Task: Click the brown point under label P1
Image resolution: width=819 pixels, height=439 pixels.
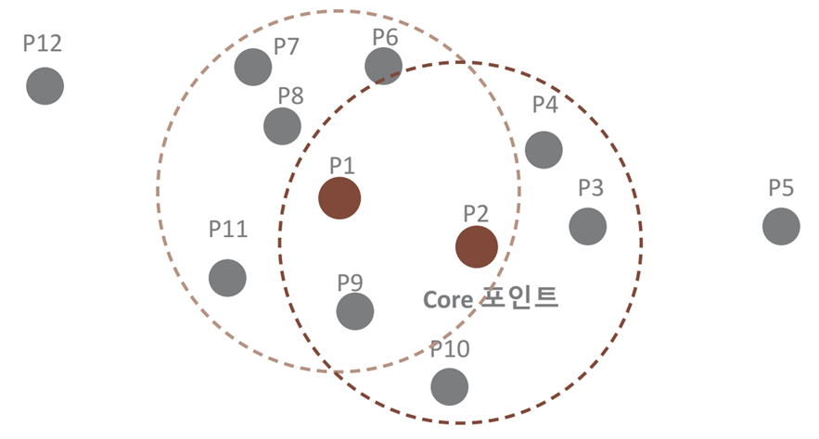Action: [339, 198]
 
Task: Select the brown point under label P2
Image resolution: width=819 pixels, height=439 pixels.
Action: [477, 246]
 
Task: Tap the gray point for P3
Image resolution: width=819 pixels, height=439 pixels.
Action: [588, 226]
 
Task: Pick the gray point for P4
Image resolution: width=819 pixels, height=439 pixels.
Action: [544, 149]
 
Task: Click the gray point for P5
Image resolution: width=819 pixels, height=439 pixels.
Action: [781, 226]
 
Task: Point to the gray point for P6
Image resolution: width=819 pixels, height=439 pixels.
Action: [383, 66]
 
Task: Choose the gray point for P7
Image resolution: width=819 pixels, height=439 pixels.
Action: [252, 67]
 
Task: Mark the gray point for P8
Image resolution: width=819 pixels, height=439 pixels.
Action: [282, 126]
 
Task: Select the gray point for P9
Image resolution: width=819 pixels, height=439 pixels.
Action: [354, 311]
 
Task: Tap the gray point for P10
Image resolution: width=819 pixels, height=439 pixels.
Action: [450, 385]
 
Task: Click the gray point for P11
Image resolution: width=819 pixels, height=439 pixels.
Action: [227, 277]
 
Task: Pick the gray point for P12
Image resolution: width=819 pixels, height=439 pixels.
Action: [45, 86]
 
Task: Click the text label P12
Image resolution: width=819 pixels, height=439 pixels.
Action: [43, 44]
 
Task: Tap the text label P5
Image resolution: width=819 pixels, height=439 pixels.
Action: [781, 188]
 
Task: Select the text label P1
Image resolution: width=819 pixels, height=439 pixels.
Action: [342, 165]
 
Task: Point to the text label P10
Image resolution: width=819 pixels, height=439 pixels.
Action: [450, 349]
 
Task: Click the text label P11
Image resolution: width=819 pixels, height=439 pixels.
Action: [228, 229]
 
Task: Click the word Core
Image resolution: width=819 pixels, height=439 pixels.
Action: [449, 299]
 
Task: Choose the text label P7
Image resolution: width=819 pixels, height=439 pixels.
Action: [286, 45]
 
